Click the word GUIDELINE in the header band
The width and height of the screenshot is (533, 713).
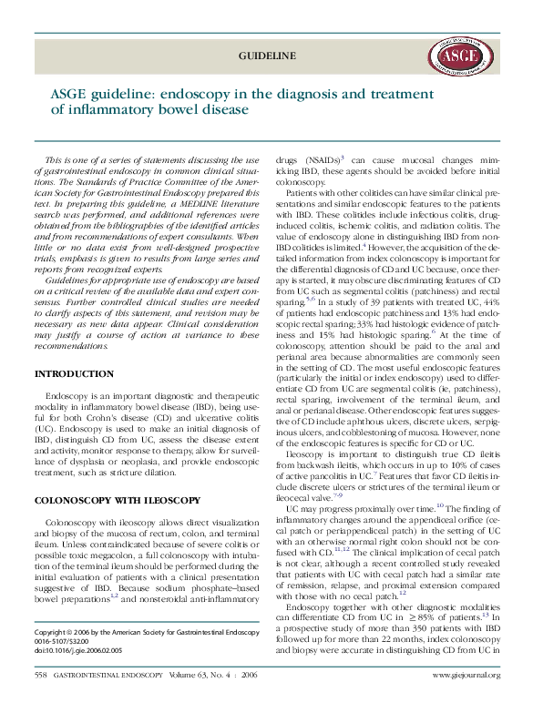point(267,56)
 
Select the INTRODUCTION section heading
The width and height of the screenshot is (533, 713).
point(74,374)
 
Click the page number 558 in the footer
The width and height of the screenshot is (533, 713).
point(40,675)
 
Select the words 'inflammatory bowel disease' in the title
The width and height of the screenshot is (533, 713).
point(149,110)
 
